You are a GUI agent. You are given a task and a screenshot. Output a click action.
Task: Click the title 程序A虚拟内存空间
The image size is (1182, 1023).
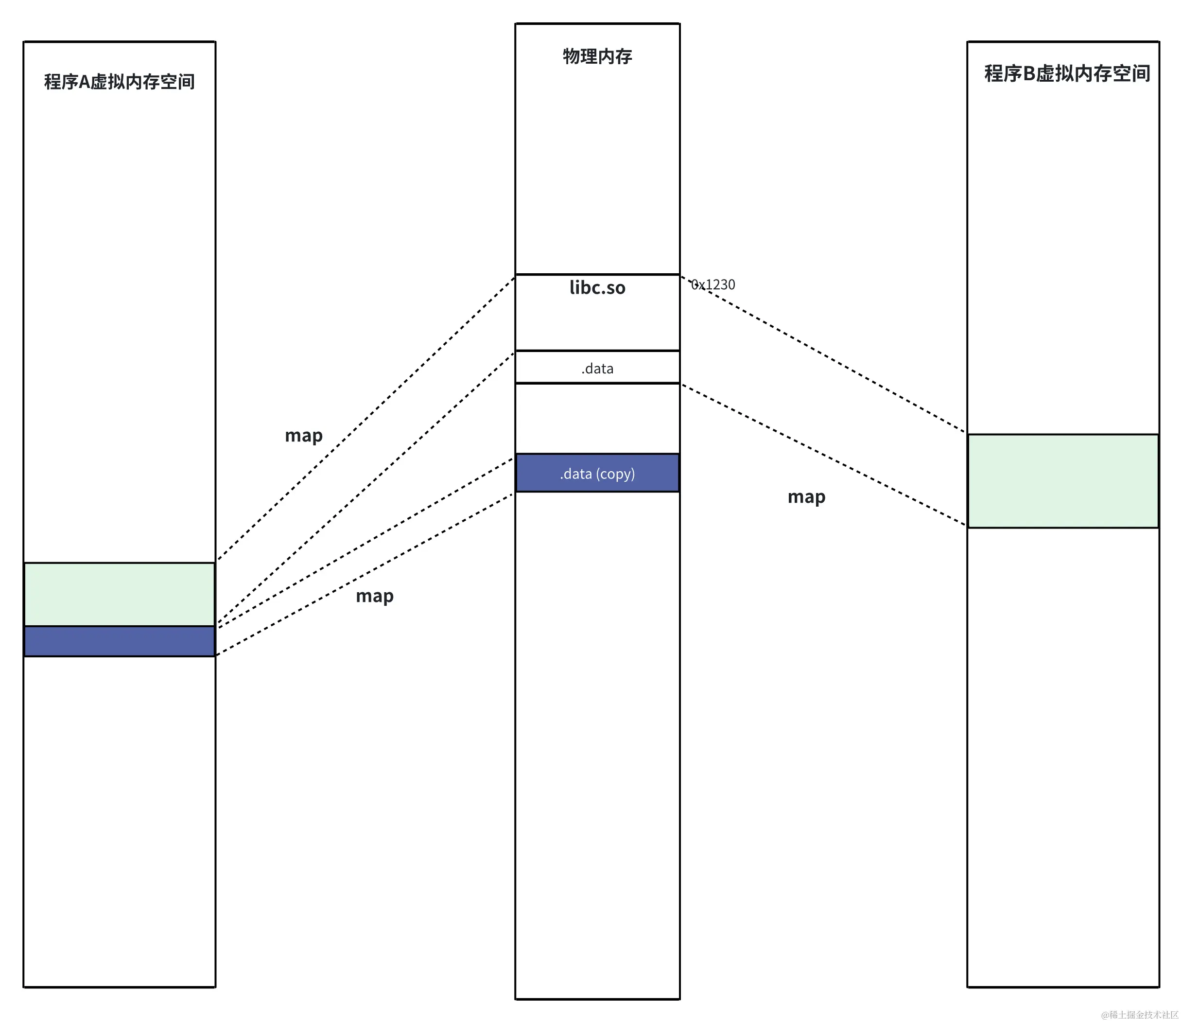click(x=119, y=82)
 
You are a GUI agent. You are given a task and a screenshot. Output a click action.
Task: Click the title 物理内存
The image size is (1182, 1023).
click(x=597, y=56)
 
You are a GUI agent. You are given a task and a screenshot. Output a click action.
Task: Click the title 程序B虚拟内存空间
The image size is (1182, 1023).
click(x=1066, y=73)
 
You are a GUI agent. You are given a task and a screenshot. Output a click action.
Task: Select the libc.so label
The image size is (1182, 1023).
click(x=597, y=287)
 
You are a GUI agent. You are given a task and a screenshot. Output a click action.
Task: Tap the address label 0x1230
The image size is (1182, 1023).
click(x=713, y=284)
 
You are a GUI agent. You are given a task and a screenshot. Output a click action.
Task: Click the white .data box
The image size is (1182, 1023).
click(x=597, y=368)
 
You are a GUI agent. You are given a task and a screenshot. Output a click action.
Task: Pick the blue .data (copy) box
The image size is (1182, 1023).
click(x=597, y=473)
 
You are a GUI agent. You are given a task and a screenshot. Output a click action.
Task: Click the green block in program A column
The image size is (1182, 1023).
click(x=119, y=594)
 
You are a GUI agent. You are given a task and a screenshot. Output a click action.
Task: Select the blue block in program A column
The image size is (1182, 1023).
click(x=119, y=641)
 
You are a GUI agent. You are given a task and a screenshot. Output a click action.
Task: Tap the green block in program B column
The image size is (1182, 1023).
click(x=1063, y=481)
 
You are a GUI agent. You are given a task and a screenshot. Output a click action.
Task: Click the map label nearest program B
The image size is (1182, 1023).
click(x=806, y=496)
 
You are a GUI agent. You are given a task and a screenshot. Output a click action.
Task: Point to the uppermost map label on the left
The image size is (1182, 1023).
click(x=304, y=436)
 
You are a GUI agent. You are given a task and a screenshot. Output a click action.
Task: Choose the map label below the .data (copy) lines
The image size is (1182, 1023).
click(x=374, y=596)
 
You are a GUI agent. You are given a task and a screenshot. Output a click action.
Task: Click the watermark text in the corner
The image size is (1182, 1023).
click(x=1139, y=1014)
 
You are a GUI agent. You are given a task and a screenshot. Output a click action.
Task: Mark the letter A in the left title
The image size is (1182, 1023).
click(x=84, y=82)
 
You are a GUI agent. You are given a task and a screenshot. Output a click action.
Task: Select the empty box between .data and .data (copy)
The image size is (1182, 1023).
click(x=597, y=418)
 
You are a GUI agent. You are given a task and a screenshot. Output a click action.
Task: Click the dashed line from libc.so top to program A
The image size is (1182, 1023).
click(x=365, y=419)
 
